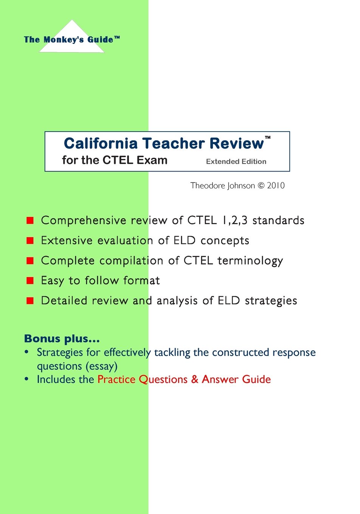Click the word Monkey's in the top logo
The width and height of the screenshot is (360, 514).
click(64, 40)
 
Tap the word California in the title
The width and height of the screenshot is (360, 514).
click(101, 144)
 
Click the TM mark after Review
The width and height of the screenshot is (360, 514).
click(268, 138)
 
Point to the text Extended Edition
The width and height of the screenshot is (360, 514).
click(236, 161)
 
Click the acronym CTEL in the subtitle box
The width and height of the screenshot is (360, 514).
click(118, 160)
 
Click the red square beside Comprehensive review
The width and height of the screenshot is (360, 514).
click(30, 220)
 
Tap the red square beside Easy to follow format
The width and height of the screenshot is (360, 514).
click(30, 280)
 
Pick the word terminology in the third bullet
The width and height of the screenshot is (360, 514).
click(250, 261)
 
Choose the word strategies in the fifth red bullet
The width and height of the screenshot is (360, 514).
click(271, 301)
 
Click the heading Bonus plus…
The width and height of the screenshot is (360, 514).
click(62, 339)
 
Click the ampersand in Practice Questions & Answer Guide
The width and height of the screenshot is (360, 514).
click(195, 379)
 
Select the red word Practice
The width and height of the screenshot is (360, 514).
click(116, 379)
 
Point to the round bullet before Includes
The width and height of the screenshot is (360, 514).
click(26, 379)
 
